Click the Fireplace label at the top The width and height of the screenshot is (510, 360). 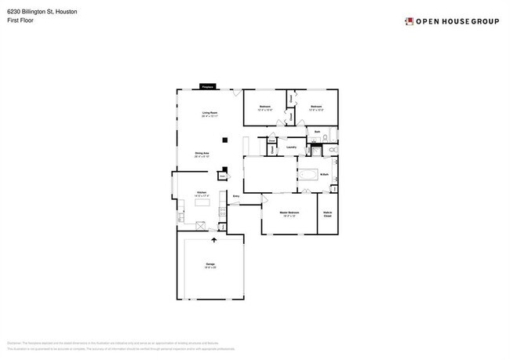[208, 86]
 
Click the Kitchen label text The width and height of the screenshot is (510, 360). [202, 192]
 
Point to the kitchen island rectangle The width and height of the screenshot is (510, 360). [202, 203]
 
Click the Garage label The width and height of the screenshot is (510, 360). [210, 264]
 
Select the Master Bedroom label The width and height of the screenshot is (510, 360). [290, 213]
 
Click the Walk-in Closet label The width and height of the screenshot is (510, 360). [327, 213]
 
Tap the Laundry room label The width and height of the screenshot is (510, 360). [290, 146]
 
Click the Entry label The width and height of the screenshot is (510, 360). [235, 195]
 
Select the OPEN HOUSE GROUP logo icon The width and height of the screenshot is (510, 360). [409, 21]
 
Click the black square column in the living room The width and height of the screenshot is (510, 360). [225, 140]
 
